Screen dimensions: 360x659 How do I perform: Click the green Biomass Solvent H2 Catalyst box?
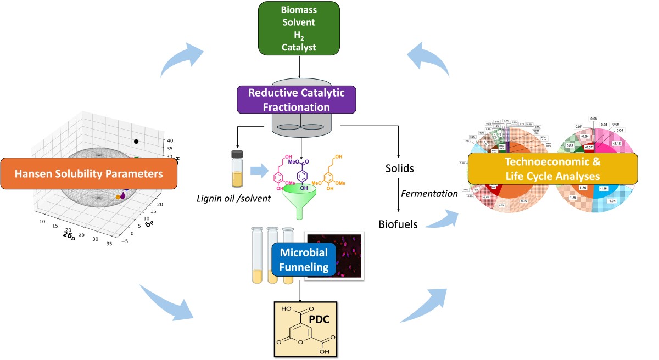(x=299, y=30)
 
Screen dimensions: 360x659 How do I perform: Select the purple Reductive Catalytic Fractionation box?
(x=297, y=99)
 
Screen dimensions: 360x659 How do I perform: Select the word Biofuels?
(x=399, y=224)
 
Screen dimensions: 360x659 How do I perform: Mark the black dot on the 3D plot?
(x=136, y=142)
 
